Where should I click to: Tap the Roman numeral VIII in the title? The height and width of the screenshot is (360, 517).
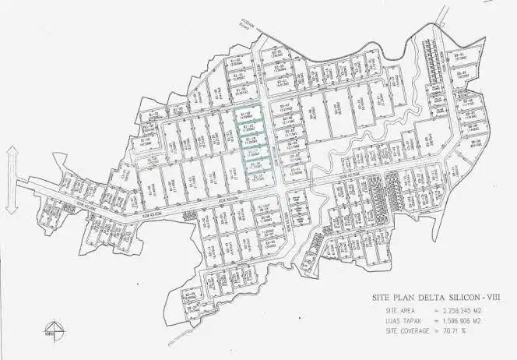coord(493,298)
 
